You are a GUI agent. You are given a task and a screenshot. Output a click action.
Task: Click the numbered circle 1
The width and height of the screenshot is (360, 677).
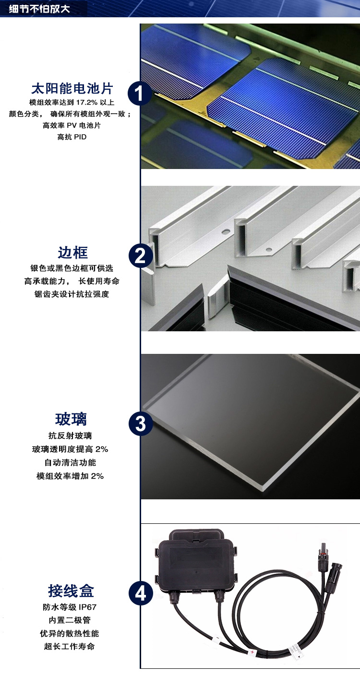tap(140, 93)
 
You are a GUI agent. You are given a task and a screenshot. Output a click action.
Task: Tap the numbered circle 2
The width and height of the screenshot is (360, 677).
tap(141, 256)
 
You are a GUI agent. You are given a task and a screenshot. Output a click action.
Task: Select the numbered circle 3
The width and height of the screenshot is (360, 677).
tap(141, 423)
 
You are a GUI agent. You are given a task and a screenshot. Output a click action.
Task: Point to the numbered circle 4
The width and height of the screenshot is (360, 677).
tap(141, 593)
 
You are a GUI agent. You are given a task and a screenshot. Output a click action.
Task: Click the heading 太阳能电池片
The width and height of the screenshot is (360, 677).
tap(72, 88)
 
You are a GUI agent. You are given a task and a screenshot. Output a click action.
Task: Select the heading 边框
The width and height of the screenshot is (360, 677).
tap(72, 253)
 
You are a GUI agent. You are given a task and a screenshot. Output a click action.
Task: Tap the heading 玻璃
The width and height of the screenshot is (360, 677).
tap(71, 419)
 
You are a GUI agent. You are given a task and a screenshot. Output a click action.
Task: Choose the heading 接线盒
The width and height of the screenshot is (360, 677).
tap(71, 591)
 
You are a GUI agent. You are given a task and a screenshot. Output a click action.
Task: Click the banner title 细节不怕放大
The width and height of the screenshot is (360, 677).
tap(39, 9)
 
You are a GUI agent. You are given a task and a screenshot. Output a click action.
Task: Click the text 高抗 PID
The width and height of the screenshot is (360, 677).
tap(72, 137)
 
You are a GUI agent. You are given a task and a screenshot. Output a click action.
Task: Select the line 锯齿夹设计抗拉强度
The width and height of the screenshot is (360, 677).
tap(72, 294)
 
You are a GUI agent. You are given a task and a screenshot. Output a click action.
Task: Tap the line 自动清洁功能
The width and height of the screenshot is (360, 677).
tap(70, 462)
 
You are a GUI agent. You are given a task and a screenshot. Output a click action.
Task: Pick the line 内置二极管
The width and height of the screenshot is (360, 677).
tap(70, 620)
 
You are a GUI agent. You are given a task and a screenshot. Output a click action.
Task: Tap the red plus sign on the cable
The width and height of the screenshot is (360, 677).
tap(252, 652)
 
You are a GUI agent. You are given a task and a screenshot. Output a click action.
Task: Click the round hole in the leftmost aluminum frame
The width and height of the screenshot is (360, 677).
tap(226, 232)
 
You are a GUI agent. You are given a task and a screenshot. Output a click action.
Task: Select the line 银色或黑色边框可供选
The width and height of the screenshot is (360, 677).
tap(72, 268)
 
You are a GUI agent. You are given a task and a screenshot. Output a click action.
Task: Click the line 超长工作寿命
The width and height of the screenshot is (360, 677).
tap(70, 646)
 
